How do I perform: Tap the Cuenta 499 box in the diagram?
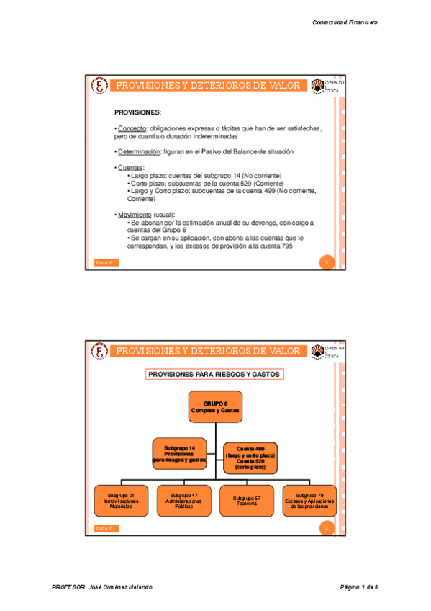(250, 457)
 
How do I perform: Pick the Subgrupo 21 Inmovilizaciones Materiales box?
(122, 501)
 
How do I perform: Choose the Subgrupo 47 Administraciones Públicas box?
(183, 501)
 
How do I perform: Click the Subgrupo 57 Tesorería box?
(246, 501)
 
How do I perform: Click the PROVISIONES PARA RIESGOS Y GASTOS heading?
(214, 374)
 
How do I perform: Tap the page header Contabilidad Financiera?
(345, 22)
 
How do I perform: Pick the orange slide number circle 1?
(327, 263)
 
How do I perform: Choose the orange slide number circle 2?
(327, 529)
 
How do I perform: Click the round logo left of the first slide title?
(100, 86)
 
